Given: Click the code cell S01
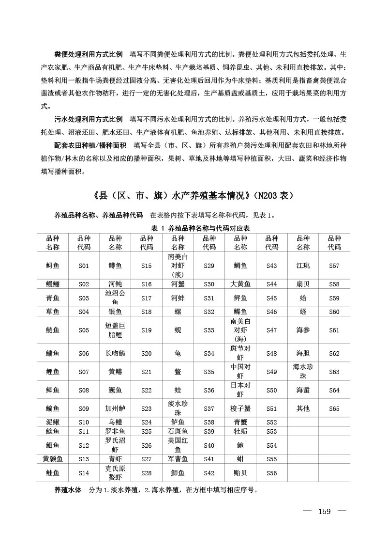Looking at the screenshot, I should point(84,266).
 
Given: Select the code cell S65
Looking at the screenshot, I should point(334,408).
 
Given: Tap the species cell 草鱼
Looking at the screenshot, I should point(53,312).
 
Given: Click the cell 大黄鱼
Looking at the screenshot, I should point(240,284).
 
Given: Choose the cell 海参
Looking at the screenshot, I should point(303,330).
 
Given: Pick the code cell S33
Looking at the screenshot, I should point(209,330).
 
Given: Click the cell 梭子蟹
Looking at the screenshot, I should point(240,408).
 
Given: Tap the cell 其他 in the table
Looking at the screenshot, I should point(303,408).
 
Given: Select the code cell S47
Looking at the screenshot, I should point(272,330).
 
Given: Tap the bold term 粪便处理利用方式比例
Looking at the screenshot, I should point(88,53).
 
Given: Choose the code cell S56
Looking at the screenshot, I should point(272,473).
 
